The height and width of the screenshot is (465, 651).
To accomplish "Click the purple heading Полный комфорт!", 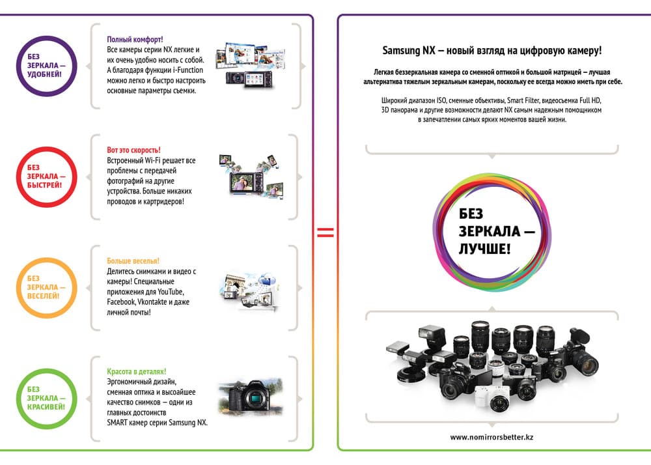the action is (135, 40).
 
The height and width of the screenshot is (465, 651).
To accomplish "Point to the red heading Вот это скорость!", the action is (133, 150).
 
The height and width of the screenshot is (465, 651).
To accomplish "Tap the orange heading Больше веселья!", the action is (133, 261).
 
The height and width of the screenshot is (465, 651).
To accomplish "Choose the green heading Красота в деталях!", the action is (137, 372).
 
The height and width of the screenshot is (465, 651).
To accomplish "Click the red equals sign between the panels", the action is (325, 232).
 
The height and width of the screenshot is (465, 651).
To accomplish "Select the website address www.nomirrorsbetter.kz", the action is (492, 437).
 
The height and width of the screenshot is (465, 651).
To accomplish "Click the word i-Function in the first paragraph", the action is (188, 70).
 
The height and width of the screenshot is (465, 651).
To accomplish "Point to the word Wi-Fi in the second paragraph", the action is (152, 160).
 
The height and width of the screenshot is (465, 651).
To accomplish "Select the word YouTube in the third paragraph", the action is (170, 292).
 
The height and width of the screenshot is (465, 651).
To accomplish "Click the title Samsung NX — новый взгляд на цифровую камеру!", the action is (492, 51).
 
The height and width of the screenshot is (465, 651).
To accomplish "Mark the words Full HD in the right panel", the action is (590, 100).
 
